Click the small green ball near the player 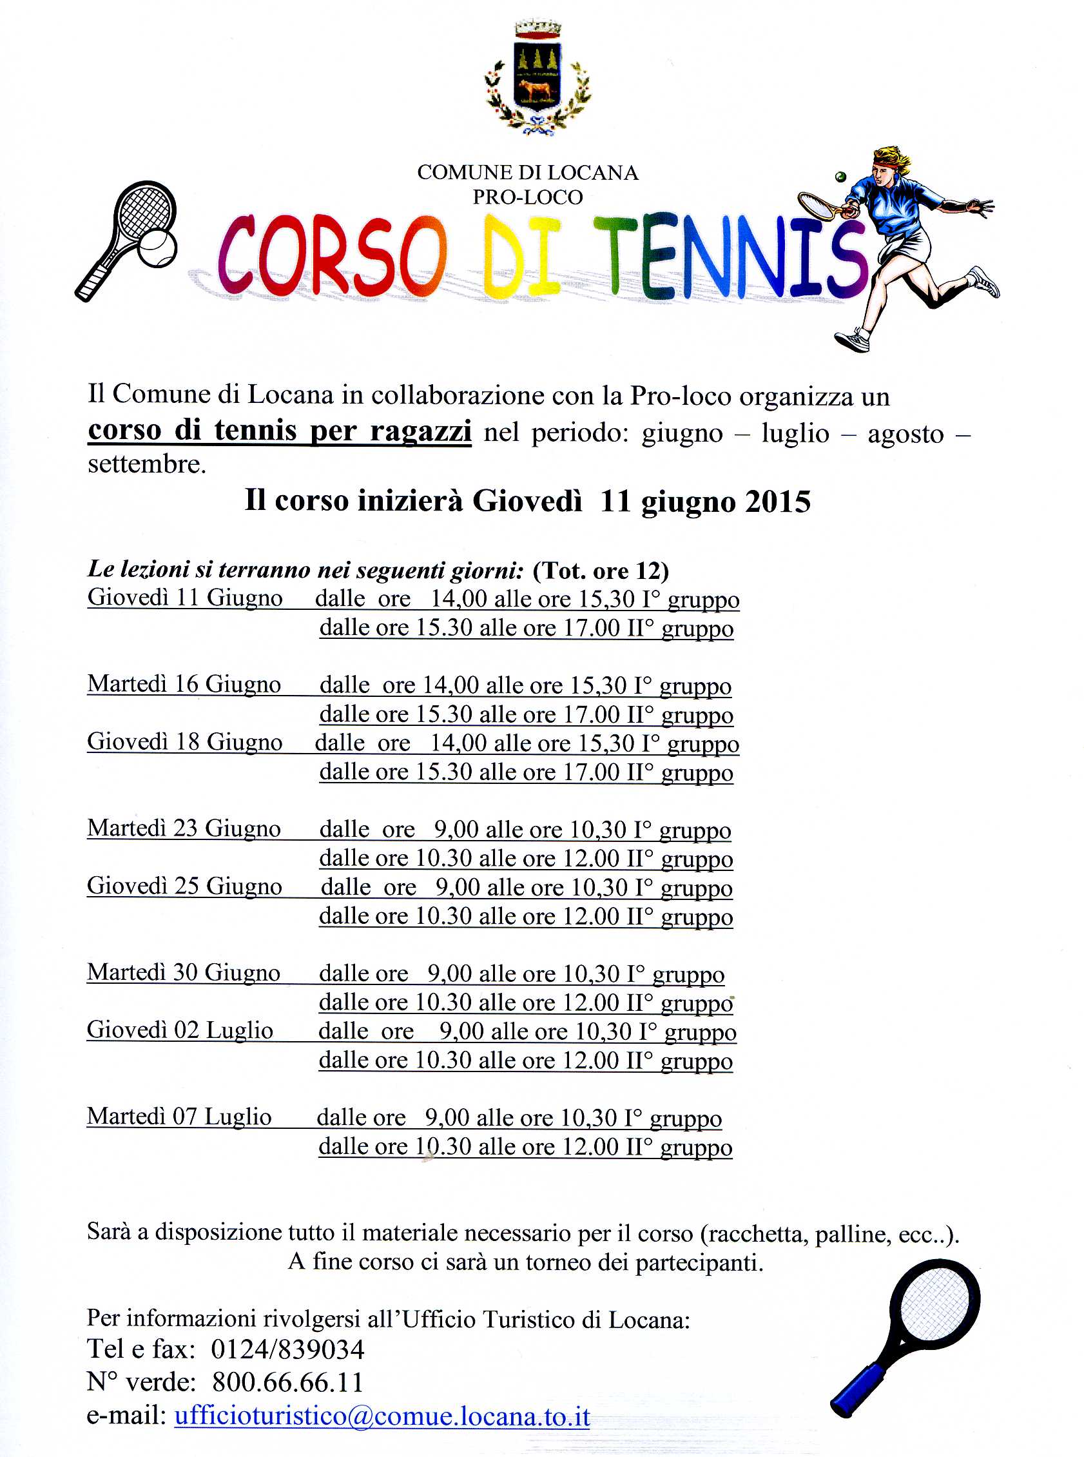(x=840, y=177)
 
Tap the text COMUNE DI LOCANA (x=528, y=173)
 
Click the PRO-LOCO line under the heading (x=528, y=197)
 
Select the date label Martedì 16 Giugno (x=184, y=684)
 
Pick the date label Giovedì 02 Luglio (x=180, y=1030)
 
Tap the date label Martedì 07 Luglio (x=179, y=1117)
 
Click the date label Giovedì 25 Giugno (x=184, y=886)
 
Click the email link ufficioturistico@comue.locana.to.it (x=382, y=1416)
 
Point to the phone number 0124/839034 (x=287, y=1349)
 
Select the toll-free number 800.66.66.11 (x=287, y=1382)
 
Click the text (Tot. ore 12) (x=601, y=571)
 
